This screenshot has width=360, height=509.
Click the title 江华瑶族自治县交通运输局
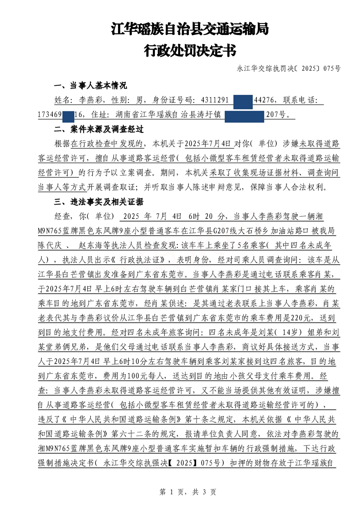[x=190, y=30]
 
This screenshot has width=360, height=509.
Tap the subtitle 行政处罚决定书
[x=190, y=50]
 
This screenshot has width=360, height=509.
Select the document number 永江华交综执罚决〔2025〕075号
[x=288, y=69]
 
